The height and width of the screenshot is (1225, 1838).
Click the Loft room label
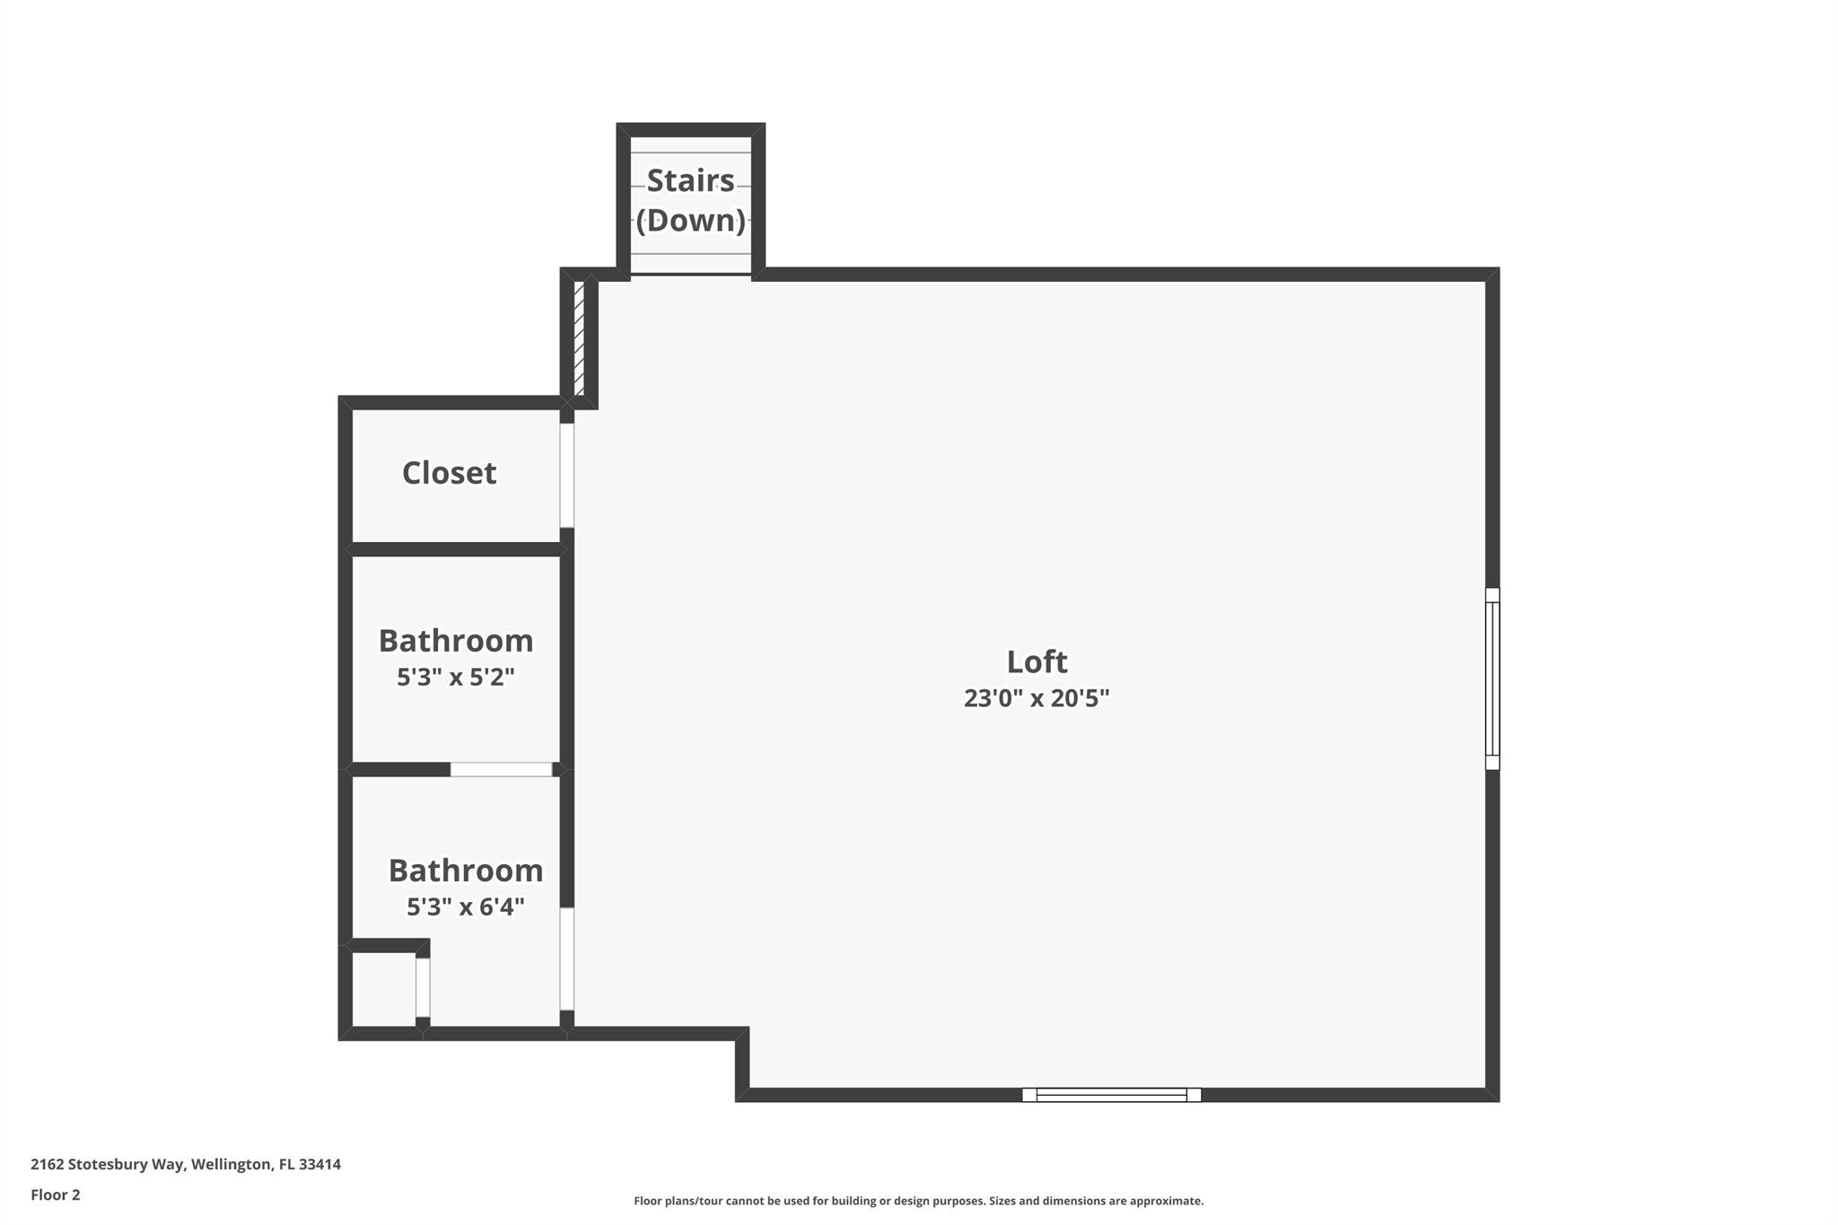click(1037, 662)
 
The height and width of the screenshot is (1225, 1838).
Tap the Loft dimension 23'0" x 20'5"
click(1037, 698)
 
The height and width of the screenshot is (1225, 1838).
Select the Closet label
click(449, 473)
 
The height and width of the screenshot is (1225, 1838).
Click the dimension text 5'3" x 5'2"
click(456, 677)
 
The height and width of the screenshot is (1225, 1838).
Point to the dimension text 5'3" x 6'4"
click(465, 906)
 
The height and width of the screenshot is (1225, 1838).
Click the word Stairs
click(690, 180)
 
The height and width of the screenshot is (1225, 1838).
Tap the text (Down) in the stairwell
click(690, 221)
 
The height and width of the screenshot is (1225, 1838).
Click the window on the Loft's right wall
click(1492, 678)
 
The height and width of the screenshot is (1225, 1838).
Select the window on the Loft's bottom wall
click(1111, 1094)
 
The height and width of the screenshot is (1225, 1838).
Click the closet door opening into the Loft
click(567, 475)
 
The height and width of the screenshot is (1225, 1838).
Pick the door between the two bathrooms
click(501, 769)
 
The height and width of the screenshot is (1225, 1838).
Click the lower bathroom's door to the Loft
click(567, 958)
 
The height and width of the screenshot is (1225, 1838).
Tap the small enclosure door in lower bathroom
click(423, 987)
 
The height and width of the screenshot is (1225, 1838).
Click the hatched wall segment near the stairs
click(580, 338)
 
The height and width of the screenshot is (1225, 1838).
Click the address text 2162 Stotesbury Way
click(109, 1164)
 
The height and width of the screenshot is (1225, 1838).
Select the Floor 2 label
click(56, 1194)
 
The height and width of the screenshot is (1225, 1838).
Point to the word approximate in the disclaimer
click(1166, 1201)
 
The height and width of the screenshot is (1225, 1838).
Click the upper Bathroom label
click(456, 641)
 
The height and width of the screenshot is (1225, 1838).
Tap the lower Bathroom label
click(465, 871)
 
